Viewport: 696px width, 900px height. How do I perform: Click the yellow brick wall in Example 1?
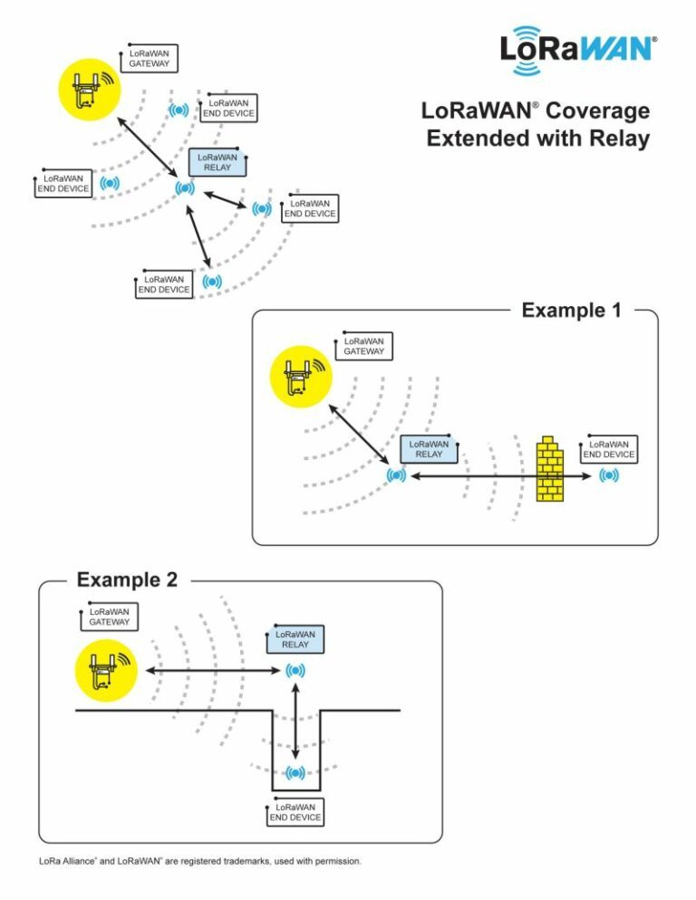(x=549, y=470)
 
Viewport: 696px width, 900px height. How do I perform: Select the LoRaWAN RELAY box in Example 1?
(x=429, y=449)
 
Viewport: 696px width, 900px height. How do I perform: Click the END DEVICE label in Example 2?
(x=295, y=812)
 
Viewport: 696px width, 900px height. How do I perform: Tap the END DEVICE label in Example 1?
(x=609, y=449)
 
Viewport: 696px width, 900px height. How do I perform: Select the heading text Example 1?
(x=571, y=311)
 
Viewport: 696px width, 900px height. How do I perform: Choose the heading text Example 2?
(x=127, y=579)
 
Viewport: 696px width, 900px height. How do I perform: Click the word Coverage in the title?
(x=597, y=111)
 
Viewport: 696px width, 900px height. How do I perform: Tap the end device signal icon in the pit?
(x=295, y=772)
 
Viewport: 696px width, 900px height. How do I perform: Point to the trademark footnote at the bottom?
(x=200, y=861)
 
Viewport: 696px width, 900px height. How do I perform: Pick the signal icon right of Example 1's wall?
(x=609, y=475)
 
